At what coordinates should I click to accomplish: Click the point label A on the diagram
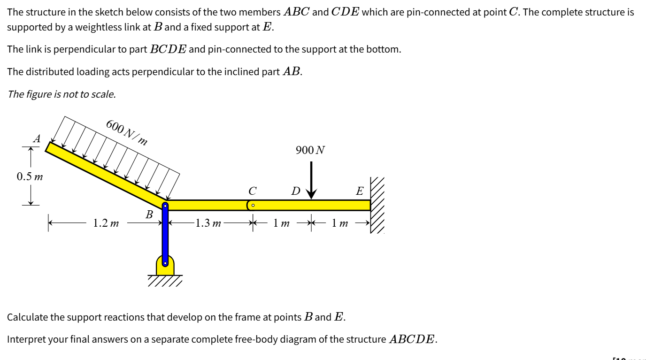(x=37, y=138)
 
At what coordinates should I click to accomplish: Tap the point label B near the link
(x=149, y=215)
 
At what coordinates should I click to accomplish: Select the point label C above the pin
(x=253, y=191)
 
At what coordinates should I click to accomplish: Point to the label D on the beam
(x=295, y=191)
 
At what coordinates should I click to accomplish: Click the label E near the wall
(x=360, y=191)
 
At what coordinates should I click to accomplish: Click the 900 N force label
(x=310, y=150)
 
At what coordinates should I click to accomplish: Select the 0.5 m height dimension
(x=30, y=177)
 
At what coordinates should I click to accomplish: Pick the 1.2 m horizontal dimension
(x=106, y=223)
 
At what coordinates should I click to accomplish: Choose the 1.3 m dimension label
(x=208, y=223)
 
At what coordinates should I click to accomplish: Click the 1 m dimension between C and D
(x=282, y=223)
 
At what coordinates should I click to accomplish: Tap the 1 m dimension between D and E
(x=340, y=223)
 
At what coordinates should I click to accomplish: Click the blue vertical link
(x=165, y=235)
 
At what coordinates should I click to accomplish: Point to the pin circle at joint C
(x=253, y=205)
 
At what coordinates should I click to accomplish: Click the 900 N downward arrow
(x=311, y=181)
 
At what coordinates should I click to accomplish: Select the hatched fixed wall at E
(x=377, y=206)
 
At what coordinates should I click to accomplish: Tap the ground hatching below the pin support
(x=165, y=281)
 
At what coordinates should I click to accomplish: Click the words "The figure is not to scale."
(x=62, y=94)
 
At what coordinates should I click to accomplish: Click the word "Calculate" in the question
(x=27, y=317)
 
